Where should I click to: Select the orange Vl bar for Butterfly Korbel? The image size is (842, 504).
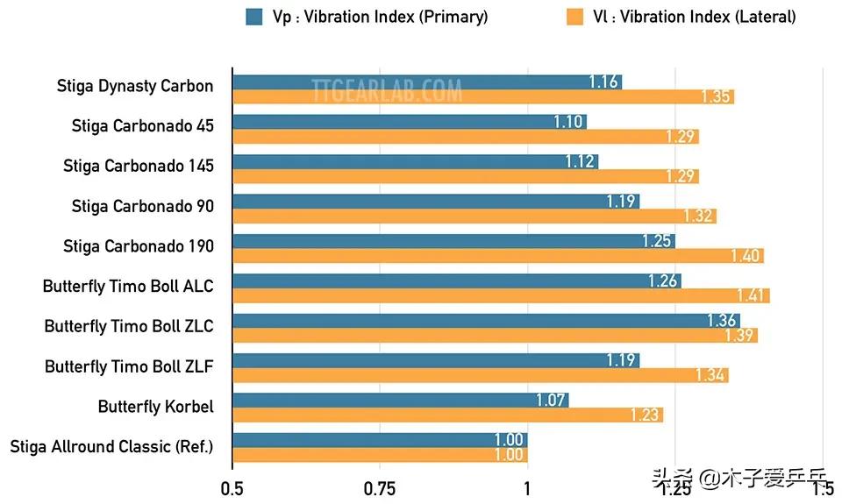click(x=447, y=415)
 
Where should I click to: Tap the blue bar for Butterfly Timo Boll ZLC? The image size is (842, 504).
click(x=486, y=321)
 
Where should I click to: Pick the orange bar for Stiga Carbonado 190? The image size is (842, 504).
click(x=497, y=255)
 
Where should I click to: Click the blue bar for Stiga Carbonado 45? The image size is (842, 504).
click(x=410, y=122)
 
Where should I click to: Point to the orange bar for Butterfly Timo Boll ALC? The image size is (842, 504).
click(x=501, y=295)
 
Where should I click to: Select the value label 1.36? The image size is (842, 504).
click(x=721, y=321)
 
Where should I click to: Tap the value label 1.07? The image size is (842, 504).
click(x=552, y=401)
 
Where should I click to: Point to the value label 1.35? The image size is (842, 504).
click(x=716, y=96)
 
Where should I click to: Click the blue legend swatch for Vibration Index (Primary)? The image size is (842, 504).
click(x=255, y=16)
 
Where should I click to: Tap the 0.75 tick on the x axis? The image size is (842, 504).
click(x=380, y=488)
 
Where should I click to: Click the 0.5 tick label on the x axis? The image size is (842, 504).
click(x=232, y=488)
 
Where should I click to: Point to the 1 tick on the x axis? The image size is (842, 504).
click(x=527, y=488)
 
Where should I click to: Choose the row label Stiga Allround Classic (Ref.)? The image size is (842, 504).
click(x=111, y=446)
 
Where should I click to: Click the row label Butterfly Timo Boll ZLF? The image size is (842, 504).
click(x=129, y=366)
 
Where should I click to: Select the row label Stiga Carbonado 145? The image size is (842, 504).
click(x=138, y=166)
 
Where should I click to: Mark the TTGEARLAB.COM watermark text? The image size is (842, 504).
click(x=387, y=89)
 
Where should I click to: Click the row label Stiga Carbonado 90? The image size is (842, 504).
click(x=142, y=206)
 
